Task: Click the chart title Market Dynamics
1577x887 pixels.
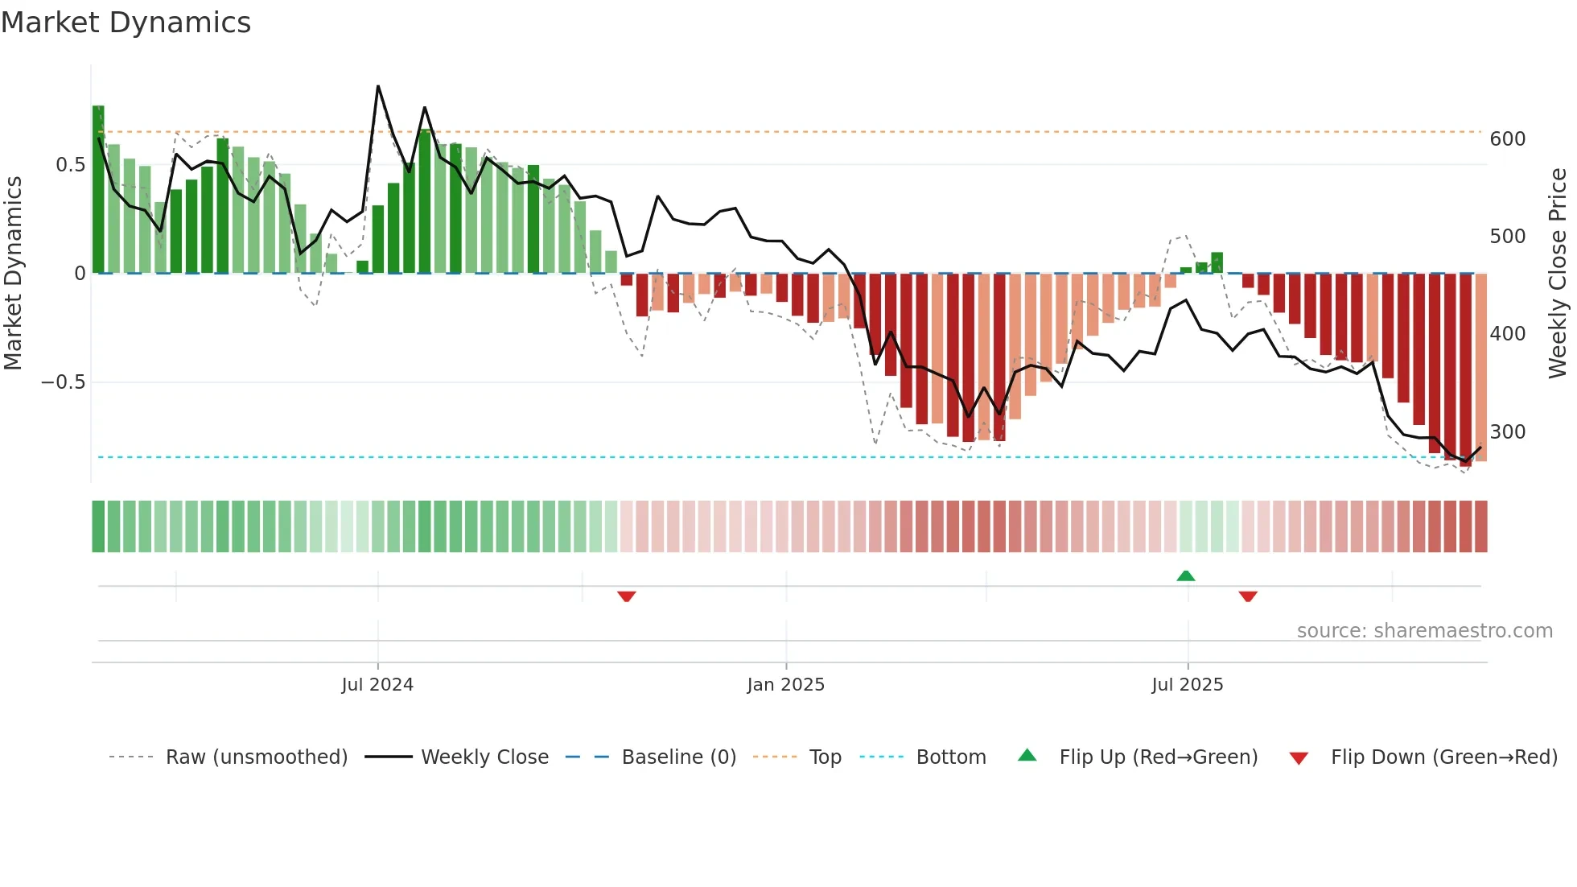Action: pyautogui.click(x=126, y=23)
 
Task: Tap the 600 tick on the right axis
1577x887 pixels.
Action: pyautogui.click(x=1507, y=139)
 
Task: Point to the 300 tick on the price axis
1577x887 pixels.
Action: pyautogui.click(x=1507, y=432)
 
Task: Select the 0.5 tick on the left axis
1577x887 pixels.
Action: pyautogui.click(x=71, y=165)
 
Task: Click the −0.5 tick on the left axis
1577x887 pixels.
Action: pyautogui.click(x=64, y=382)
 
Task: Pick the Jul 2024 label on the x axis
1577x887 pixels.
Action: pyautogui.click(x=377, y=685)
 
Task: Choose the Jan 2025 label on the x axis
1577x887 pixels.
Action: pyautogui.click(x=785, y=685)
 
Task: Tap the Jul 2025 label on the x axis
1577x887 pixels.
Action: pyautogui.click(x=1187, y=685)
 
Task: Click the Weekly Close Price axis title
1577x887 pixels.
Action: pyautogui.click(x=1558, y=274)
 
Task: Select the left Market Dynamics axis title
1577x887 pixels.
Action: pyautogui.click(x=13, y=274)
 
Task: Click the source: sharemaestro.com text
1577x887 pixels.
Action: pyautogui.click(x=1424, y=631)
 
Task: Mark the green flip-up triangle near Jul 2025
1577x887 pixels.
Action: pyautogui.click(x=1186, y=576)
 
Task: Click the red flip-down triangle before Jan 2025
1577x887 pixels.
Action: pyautogui.click(x=627, y=596)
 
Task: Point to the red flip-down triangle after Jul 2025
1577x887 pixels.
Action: pyautogui.click(x=1248, y=596)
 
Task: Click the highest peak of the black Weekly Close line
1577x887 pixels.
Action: pyautogui.click(x=378, y=86)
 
